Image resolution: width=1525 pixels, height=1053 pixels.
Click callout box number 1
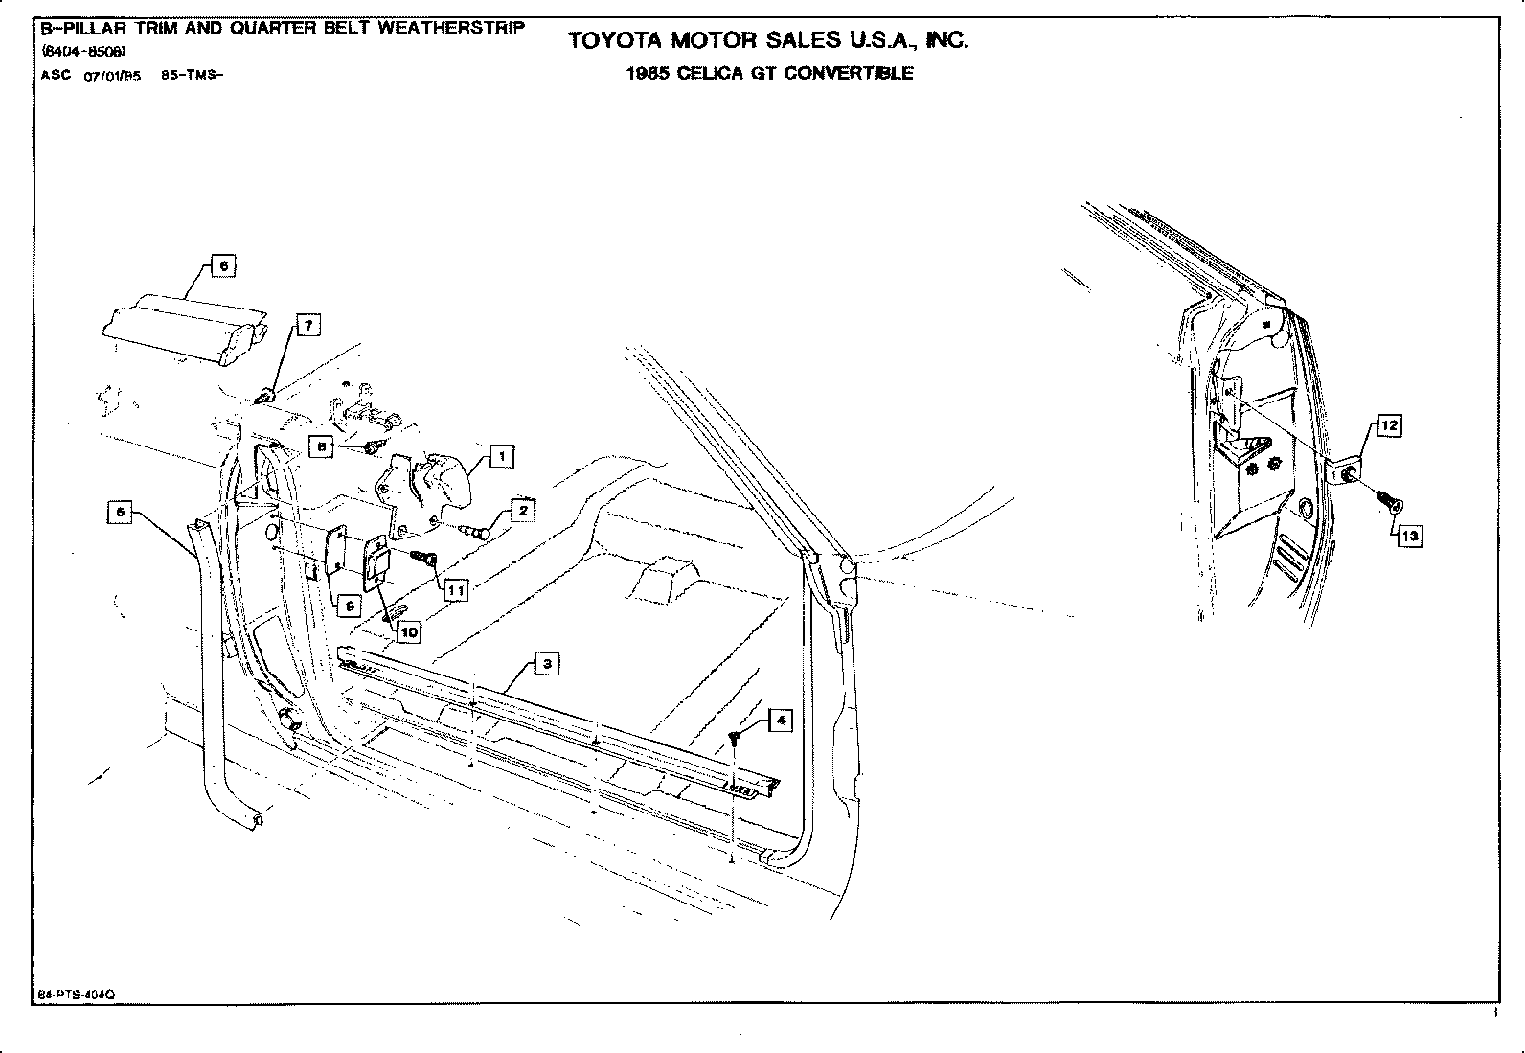[x=502, y=456]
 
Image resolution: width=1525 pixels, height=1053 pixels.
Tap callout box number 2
[x=522, y=511]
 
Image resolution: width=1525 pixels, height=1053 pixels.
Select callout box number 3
[x=546, y=664]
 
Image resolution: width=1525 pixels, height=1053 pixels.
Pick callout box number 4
[x=781, y=720]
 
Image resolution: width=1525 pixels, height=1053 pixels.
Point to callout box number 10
[x=409, y=632]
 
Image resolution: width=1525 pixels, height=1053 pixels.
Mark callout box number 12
[x=1389, y=425]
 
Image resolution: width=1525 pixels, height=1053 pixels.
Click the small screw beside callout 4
[x=735, y=736]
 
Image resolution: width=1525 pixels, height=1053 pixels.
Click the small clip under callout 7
[x=268, y=393]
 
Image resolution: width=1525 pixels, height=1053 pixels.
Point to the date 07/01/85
[x=112, y=78]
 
